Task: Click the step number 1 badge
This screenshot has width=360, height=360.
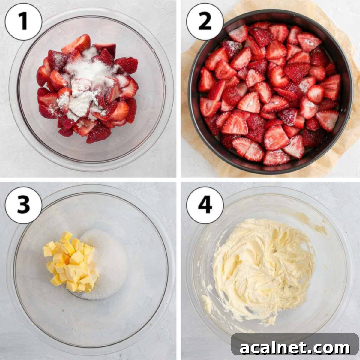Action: coord(23,22)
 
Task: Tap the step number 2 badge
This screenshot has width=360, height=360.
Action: coord(205,22)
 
